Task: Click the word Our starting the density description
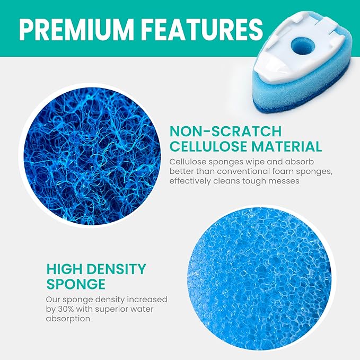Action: [53, 299]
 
